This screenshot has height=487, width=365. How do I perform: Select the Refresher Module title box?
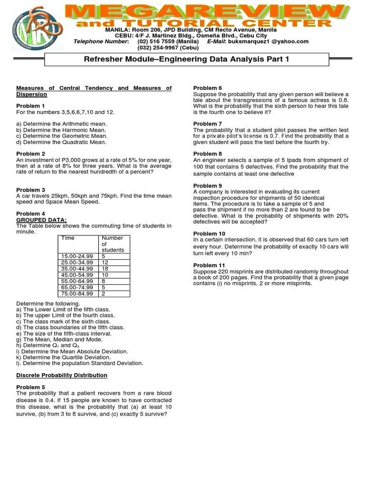point(193,59)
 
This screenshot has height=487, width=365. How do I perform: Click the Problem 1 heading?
point(30,106)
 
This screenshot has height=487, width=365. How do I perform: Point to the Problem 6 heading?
point(207,88)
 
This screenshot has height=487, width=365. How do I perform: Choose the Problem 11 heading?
point(209,265)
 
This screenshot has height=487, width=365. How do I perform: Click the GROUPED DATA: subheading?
point(41,219)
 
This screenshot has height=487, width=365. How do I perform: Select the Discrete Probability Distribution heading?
point(62,375)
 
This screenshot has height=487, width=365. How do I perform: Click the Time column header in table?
point(68,238)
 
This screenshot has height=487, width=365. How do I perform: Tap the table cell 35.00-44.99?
point(77,268)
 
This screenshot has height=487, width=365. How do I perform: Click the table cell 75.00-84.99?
point(77,293)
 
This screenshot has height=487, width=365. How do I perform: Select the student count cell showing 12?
point(106,262)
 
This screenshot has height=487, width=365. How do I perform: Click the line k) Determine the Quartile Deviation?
point(63,357)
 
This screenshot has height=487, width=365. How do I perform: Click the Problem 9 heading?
point(207,185)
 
